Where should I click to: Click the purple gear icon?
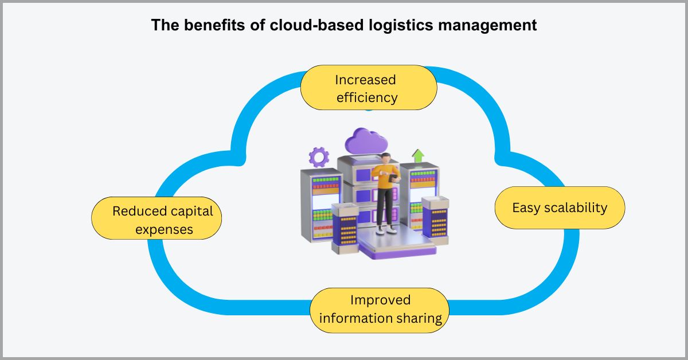(319, 156)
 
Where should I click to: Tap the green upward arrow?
(418, 155)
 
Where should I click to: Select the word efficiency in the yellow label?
(367, 97)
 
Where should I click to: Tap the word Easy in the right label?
(526, 208)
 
